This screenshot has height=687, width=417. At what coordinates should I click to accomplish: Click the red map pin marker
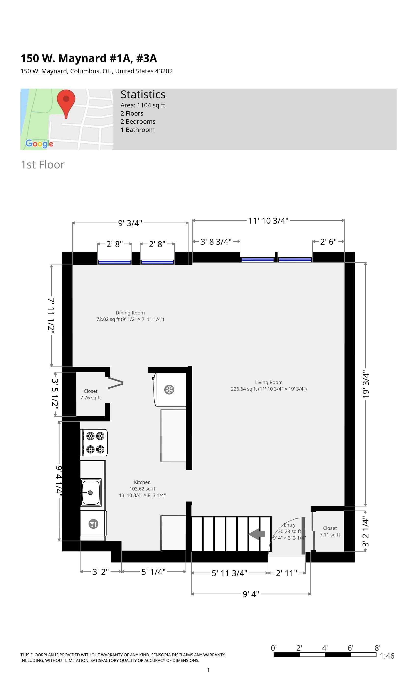click(66, 102)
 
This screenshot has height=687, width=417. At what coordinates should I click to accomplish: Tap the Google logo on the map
click(39, 144)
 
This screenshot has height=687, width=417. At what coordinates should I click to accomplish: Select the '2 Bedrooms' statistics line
click(138, 121)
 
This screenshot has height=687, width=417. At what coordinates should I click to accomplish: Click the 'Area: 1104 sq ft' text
click(143, 106)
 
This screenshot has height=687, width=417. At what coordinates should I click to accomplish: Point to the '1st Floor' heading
click(43, 165)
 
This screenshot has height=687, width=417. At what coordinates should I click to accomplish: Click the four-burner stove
click(94, 442)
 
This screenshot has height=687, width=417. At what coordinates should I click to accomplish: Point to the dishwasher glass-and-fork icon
click(93, 524)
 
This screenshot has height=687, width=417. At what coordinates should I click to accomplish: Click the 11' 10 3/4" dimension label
click(268, 221)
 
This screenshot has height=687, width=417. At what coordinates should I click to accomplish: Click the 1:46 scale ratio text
click(387, 656)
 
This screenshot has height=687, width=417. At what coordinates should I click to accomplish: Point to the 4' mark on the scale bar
click(325, 648)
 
